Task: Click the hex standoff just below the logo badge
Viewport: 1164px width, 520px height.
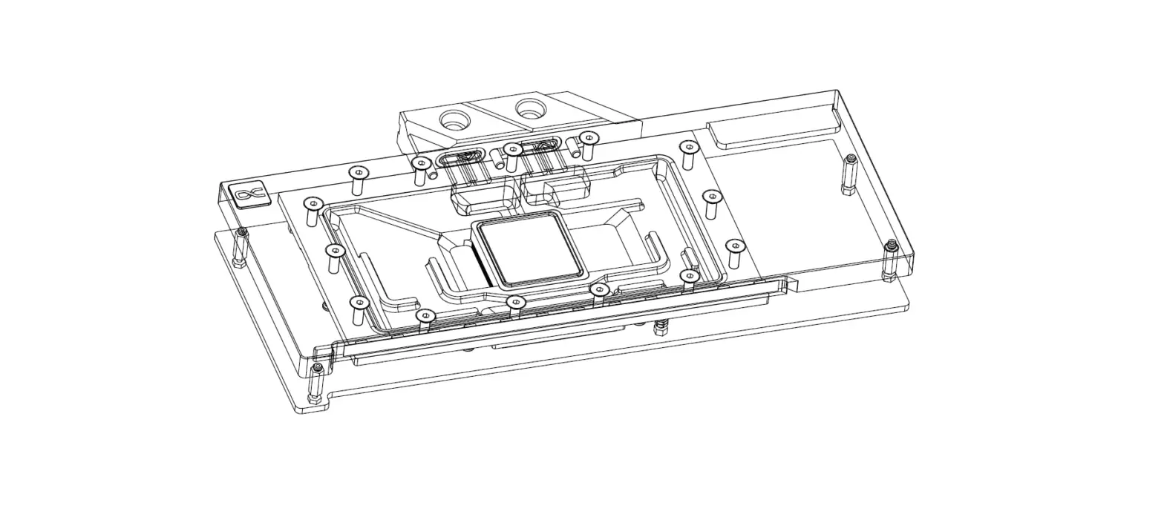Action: click(241, 249)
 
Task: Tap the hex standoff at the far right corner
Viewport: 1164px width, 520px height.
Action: click(891, 260)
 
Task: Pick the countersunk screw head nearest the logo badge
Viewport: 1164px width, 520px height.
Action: click(313, 203)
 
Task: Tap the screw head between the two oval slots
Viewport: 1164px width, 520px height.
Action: click(512, 149)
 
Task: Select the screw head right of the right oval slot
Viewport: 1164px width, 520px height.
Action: click(588, 137)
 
